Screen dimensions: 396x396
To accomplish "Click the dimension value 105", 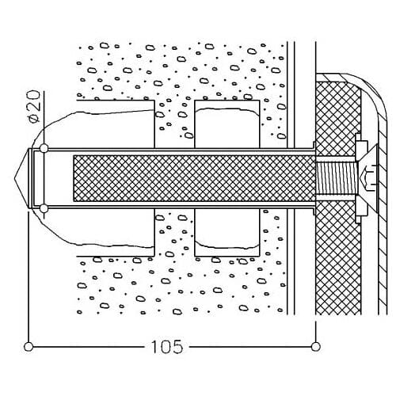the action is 167,346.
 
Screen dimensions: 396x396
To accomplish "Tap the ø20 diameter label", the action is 34,106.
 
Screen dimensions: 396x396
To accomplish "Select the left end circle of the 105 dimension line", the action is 29,346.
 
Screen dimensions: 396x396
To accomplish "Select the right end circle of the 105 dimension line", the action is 315,346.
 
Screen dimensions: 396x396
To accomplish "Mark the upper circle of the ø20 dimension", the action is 44,148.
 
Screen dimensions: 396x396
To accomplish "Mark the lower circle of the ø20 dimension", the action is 44,209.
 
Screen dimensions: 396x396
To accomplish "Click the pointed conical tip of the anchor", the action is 21,178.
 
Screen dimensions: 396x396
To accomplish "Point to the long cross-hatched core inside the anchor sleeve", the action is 194,178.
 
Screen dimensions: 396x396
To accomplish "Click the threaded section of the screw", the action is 337,178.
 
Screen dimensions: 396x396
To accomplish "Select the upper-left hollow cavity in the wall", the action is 115,124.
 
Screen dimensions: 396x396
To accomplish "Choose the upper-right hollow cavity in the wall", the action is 227,124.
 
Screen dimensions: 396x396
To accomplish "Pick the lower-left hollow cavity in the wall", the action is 115,232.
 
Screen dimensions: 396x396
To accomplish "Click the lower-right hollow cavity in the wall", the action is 227,232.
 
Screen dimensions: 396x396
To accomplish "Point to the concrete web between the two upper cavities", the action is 174,124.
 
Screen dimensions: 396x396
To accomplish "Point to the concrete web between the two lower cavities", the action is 174,232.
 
